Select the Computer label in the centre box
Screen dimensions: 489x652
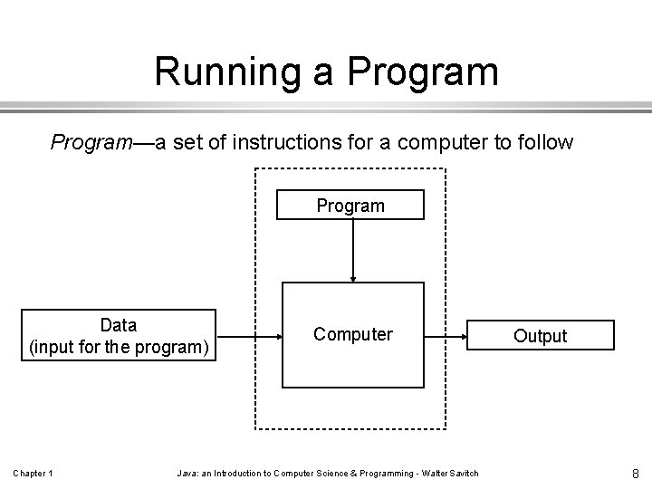[x=353, y=334]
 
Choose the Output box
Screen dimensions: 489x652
[x=541, y=335]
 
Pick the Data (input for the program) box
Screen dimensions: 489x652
[x=119, y=335]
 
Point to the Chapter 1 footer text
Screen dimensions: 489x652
[x=33, y=473]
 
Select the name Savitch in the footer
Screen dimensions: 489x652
[x=461, y=473]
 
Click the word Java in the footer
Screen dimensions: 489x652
[x=186, y=473]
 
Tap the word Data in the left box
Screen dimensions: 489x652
[x=119, y=325]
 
